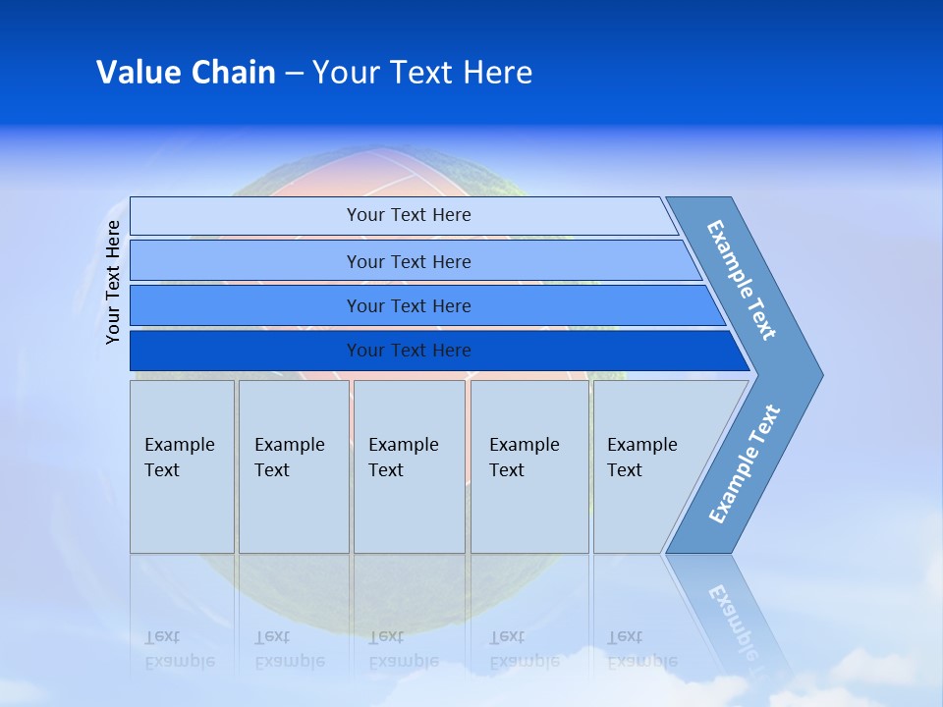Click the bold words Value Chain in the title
pyautogui.click(x=186, y=72)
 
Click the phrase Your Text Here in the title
pyautogui.click(x=422, y=72)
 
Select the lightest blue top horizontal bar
pyautogui.click(x=404, y=216)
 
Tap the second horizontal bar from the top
pyautogui.click(x=416, y=260)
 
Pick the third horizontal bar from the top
pyautogui.click(x=427, y=305)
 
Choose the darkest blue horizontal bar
pyautogui.click(x=440, y=351)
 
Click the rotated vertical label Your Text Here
pyautogui.click(x=113, y=282)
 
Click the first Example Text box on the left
pyautogui.click(x=183, y=466)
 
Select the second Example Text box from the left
pyautogui.click(x=294, y=466)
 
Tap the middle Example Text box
pyautogui.click(x=410, y=466)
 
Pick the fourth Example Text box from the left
pyautogui.click(x=529, y=466)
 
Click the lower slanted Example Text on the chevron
pyautogui.click(x=745, y=463)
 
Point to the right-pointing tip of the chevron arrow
pyautogui.click(x=823, y=375)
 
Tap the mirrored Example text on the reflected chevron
pyautogui.click(x=735, y=623)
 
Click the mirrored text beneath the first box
pyautogui.click(x=180, y=649)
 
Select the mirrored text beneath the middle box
pyautogui.click(x=404, y=649)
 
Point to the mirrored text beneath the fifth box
pyautogui.click(x=642, y=649)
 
